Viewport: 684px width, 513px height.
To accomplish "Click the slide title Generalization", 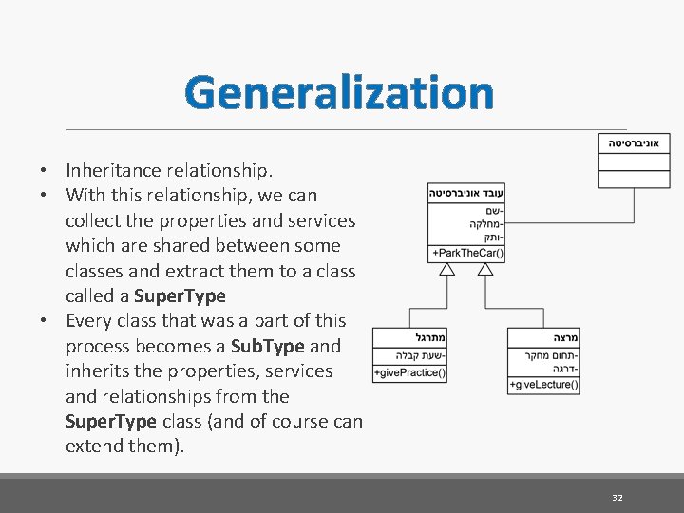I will coord(339,93).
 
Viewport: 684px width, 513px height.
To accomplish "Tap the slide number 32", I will coord(617,497).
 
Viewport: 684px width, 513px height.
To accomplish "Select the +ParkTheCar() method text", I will coord(467,254).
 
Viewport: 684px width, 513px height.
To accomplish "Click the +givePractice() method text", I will coord(409,373).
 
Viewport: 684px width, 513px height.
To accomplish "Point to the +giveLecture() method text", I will coord(544,385).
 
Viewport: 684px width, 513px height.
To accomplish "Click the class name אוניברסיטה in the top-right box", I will coord(635,142).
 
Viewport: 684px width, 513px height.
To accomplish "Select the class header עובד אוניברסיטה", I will coord(466,193).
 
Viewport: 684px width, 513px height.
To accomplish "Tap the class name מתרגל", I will coord(430,338).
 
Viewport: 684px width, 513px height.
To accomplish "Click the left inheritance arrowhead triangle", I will coord(447,270).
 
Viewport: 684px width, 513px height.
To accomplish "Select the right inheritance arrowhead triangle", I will coord(485,270).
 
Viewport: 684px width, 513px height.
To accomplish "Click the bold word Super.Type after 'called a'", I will coord(180,295).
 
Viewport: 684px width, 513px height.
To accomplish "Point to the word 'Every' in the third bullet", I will coord(88,320).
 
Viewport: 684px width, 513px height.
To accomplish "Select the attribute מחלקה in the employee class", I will coord(486,224).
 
